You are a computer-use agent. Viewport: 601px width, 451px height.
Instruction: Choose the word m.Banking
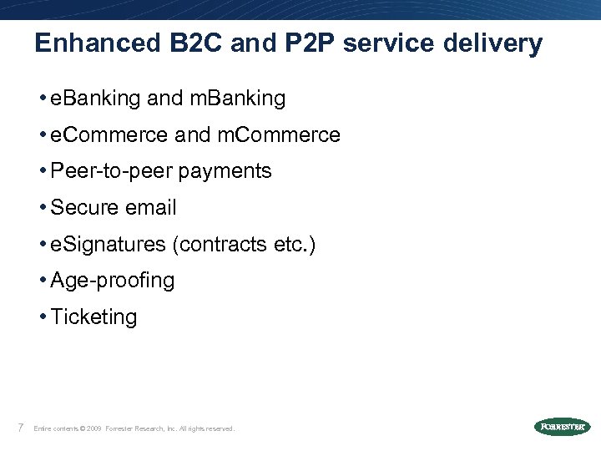coord(238,99)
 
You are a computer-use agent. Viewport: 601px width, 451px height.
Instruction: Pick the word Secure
coord(82,207)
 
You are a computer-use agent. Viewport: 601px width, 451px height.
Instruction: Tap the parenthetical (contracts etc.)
coord(244,245)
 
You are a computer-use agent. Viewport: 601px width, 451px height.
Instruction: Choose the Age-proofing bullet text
coord(113,281)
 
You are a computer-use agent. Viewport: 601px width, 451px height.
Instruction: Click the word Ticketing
coord(93,317)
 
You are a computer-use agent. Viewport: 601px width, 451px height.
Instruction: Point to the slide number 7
coord(18,428)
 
